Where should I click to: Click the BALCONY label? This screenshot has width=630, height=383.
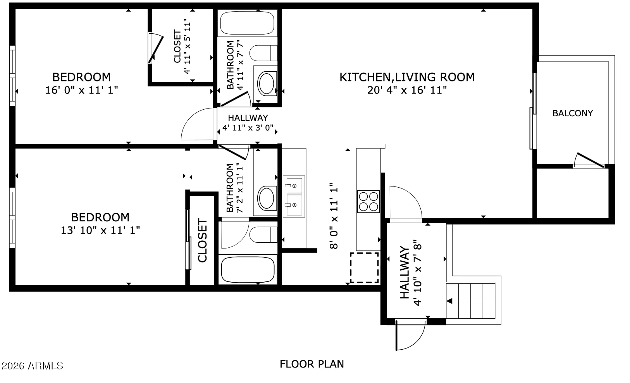(572, 113)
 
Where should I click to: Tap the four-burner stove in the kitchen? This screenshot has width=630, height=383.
(368, 202)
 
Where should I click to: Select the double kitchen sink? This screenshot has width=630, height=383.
(294, 196)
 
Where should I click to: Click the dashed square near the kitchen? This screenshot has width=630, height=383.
(364, 267)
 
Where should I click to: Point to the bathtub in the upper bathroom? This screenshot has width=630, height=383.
(247, 23)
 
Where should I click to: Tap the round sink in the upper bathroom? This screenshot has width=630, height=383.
(266, 83)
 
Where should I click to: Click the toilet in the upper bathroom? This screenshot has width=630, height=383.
(263, 53)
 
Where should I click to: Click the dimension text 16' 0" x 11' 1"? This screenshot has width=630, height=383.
(81, 90)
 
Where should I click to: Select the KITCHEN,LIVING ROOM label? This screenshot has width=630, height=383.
(407, 77)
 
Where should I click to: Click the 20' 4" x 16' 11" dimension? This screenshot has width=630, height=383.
(407, 90)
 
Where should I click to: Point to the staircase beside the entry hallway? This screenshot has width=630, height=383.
(470, 301)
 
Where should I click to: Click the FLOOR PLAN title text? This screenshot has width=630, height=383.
(312, 364)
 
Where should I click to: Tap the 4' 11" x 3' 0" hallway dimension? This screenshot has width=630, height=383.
(248, 128)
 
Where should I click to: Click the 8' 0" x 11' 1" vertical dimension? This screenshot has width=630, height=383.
(334, 216)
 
